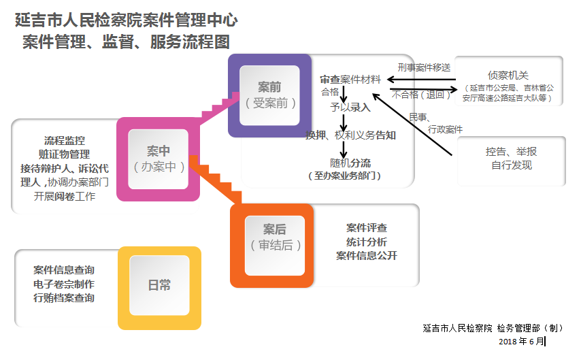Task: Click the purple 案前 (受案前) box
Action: (x=269, y=95)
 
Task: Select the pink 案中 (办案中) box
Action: (x=158, y=159)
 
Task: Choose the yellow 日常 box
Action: (x=159, y=286)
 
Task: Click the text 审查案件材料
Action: (x=350, y=80)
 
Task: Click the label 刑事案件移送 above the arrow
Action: (x=424, y=67)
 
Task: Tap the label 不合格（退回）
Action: (x=421, y=95)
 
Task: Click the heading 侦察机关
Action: (x=508, y=75)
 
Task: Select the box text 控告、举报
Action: (x=511, y=152)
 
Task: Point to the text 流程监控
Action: (x=65, y=140)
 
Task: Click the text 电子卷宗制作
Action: (x=64, y=284)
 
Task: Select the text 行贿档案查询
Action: (x=64, y=297)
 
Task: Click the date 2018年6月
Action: (x=521, y=341)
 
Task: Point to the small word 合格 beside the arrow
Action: (x=330, y=92)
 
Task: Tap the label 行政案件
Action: (x=445, y=129)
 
